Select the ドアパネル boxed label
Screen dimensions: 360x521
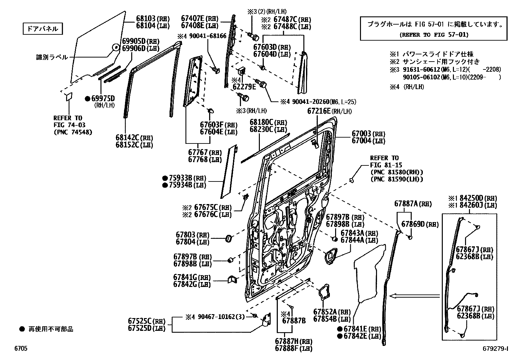43,29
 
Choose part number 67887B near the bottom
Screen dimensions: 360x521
294,320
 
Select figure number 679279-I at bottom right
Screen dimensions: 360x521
495,349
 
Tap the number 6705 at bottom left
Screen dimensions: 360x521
21,349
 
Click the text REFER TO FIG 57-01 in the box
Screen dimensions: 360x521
434,35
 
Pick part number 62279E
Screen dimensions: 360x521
244,87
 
